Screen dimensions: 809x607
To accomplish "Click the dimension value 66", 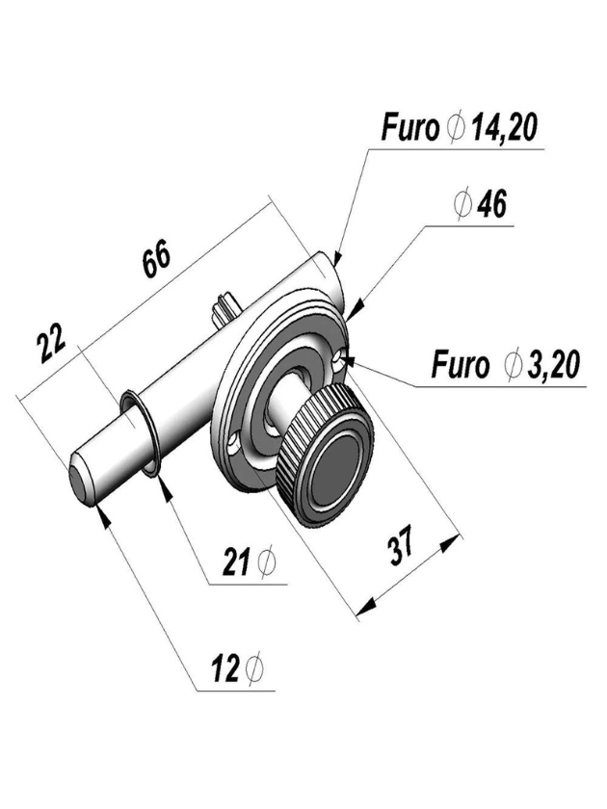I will pos(157,260).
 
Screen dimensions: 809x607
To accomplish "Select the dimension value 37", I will pos(401,546).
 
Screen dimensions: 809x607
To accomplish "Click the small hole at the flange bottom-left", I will pos(234,442).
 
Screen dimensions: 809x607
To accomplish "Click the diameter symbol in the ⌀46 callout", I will pos(461,205).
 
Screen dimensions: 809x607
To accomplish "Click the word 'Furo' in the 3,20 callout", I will pos(460,366).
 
